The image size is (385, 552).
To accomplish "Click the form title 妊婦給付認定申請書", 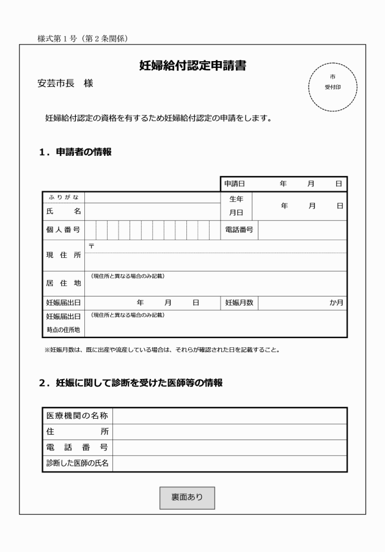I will tap(193, 66).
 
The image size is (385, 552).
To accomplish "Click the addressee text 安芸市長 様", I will tap(65, 83).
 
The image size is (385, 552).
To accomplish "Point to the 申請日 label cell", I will tap(234, 183).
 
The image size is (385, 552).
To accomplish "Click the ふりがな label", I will tap(64, 197).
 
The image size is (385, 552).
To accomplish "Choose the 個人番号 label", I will tap(64, 230).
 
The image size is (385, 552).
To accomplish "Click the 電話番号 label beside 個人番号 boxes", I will tap(238, 230).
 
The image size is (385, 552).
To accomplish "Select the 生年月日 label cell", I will tap(236, 206).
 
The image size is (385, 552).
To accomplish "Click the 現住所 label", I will tap(64, 255).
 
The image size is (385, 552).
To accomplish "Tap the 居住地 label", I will tap(64, 284).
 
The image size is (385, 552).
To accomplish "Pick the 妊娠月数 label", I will tap(239, 303).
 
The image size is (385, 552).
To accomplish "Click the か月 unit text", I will tap(337, 303).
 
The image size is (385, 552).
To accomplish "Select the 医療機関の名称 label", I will tap(77, 416).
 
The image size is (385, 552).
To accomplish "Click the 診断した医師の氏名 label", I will tap(77, 463).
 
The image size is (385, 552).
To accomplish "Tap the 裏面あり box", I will tap(187, 498).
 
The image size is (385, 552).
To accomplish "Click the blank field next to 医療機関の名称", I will tap(229, 416).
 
